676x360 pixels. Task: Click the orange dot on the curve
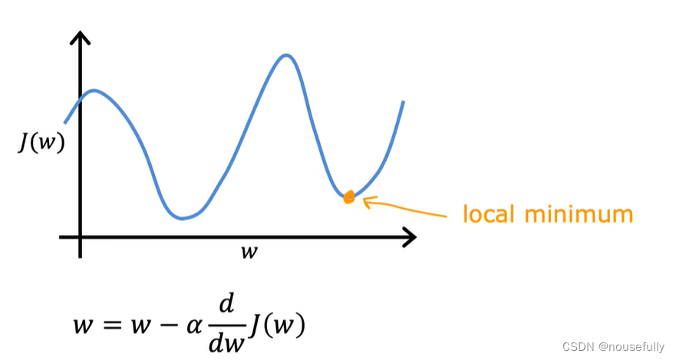tap(349, 197)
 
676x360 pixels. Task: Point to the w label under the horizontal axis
tap(249, 252)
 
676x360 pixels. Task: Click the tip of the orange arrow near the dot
tap(364, 202)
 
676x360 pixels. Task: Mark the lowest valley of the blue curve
tap(183, 218)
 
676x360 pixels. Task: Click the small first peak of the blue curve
tap(94, 91)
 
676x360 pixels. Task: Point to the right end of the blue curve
tap(403, 102)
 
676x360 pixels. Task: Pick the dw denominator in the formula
tap(226, 342)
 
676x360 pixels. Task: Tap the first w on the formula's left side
tap(83, 325)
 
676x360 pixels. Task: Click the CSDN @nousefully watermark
tap(613, 346)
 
